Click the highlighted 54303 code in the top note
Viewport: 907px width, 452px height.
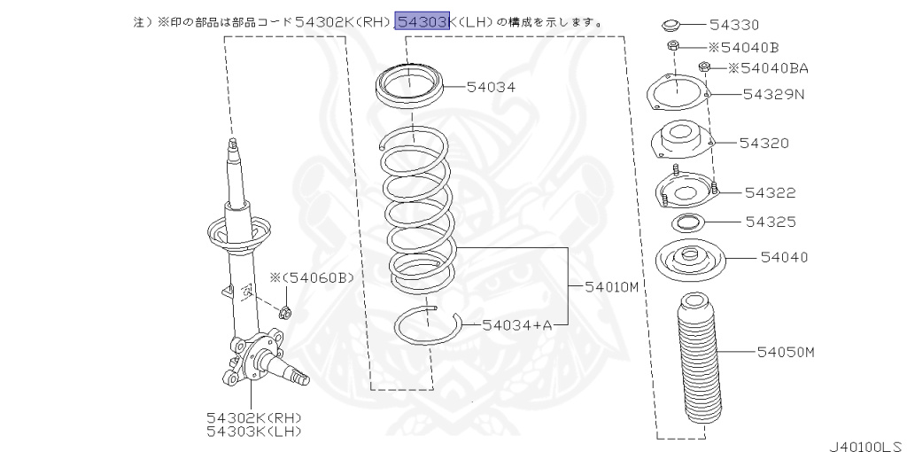click(x=422, y=20)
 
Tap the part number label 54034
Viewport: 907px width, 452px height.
click(x=491, y=87)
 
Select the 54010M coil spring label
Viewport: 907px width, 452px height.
click(x=612, y=286)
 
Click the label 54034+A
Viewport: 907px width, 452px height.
click(x=517, y=325)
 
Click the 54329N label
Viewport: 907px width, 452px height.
click(x=773, y=94)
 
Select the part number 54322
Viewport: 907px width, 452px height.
click(x=770, y=192)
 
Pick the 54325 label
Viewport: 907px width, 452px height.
click(x=770, y=222)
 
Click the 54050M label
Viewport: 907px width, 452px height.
click(x=785, y=352)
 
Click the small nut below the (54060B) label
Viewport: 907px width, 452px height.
click(x=286, y=311)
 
